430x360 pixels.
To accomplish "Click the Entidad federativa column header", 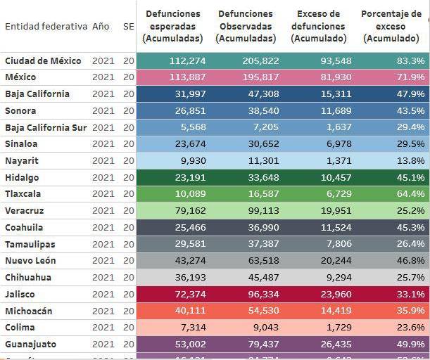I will (46, 26).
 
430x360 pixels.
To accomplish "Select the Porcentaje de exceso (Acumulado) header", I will (393, 26).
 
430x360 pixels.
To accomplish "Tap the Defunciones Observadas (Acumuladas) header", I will (246, 26).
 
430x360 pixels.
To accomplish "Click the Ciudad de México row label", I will (42, 61).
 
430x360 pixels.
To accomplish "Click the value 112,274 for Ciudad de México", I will (187, 61).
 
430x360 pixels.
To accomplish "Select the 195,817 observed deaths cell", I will (260, 77).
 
